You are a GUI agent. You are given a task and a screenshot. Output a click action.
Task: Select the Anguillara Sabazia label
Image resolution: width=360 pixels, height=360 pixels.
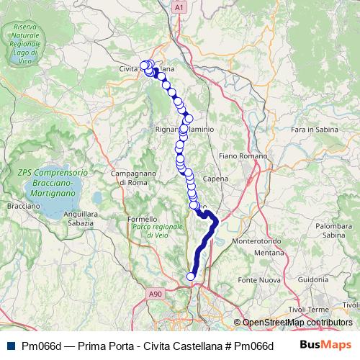click(x=79, y=218)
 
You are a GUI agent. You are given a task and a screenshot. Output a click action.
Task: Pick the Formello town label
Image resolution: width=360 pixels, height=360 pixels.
click(x=142, y=219)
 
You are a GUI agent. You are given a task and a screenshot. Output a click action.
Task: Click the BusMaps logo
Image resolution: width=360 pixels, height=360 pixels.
click(x=325, y=345)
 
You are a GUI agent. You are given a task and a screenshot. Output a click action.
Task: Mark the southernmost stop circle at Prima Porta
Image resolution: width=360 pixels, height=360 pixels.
click(x=191, y=276)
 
